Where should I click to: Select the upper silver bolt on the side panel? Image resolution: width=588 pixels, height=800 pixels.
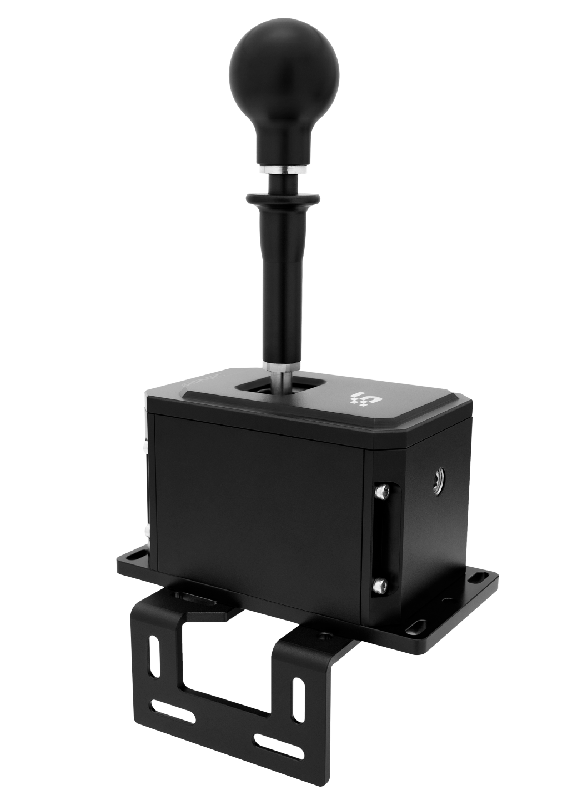coord(380,491)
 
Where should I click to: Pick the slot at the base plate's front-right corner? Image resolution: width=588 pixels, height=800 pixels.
coord(414,627)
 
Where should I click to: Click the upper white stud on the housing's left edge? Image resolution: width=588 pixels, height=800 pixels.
coord(145,446)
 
